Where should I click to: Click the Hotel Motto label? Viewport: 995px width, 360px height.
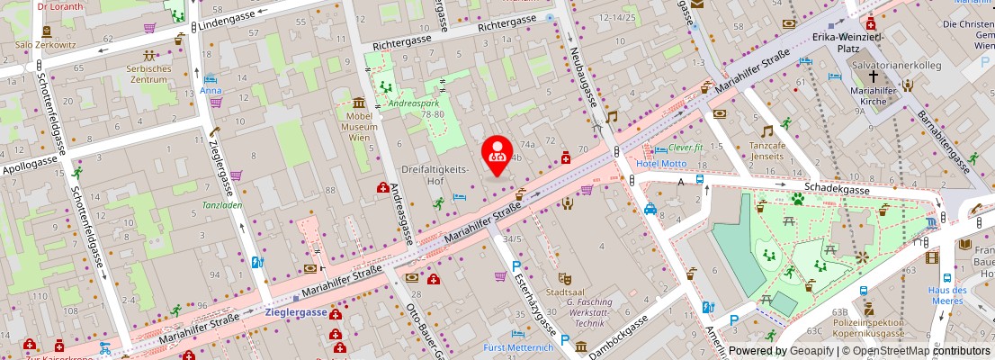pos(660,164)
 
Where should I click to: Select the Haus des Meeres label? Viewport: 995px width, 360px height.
pos(947,296)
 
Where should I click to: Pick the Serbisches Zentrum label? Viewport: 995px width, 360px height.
pos(148,75)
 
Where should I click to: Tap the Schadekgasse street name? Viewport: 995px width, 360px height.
pos(837,190)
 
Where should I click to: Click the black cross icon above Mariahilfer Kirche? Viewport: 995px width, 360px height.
pos(872,77)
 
